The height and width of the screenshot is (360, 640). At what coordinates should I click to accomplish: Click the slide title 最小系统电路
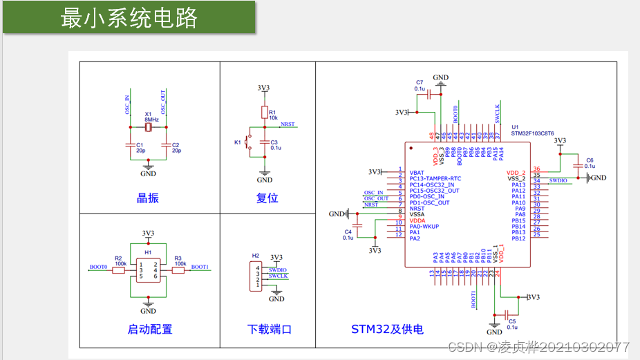129,18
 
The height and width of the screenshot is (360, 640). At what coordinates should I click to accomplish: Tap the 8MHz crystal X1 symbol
149,127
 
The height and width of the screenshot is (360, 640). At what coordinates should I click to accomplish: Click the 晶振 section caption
147,198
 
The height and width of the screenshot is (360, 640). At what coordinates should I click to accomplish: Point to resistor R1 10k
264,113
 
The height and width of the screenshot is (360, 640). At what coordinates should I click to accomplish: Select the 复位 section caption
267,198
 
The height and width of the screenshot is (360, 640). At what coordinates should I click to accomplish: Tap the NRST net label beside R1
287,124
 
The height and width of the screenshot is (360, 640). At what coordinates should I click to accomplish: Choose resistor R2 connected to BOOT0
118,270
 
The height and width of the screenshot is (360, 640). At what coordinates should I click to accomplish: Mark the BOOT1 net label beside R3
200,267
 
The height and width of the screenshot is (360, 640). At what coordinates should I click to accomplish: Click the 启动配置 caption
150,330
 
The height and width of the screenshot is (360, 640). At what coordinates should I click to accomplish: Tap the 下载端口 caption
270,330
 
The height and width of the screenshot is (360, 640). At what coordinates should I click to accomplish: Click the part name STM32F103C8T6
532,133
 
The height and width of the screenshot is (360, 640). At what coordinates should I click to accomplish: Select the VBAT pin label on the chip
417,173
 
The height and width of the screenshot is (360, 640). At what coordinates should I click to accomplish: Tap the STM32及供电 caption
387,330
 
